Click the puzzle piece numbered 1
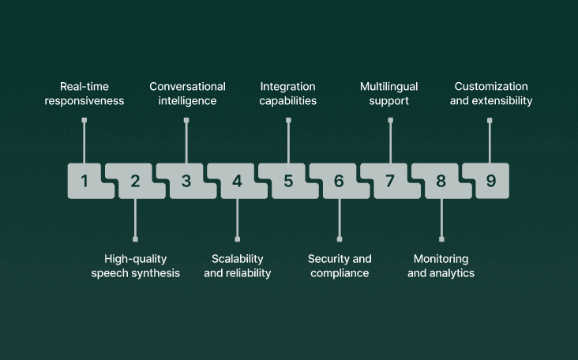(84, 181)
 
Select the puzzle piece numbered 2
(135, 181)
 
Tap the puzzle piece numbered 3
(186, 181)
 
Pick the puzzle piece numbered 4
(237, 181)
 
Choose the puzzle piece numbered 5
(288, 181)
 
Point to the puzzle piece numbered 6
(339, 181)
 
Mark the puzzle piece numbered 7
(390, 181)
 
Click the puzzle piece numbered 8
(441, 181)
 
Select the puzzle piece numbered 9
(491, 181)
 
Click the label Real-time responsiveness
(92, 93)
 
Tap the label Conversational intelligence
(187, 93)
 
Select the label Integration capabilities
(288, 93)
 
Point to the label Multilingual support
(389, 93)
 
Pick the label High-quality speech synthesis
(136, 266)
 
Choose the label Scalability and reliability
(238, 266)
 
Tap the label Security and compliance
(339, 266)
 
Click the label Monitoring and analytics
(441, 266)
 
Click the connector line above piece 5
(288, 142)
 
